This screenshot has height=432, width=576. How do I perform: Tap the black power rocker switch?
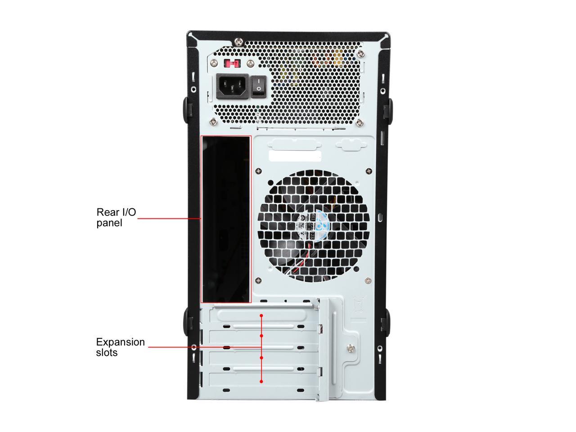coord(257,85)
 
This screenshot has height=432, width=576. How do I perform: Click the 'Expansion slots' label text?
coord(120,347)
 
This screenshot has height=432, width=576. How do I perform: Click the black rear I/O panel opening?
coord(225,219)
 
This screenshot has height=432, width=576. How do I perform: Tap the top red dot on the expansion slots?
coord(261,315)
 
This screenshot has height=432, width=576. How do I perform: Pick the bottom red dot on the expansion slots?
coord(261,381)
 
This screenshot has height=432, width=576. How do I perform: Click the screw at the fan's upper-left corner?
coord(258,171)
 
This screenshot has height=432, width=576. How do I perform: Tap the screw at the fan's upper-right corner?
coord(369,171)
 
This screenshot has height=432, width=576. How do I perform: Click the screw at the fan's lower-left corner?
coord(258,280)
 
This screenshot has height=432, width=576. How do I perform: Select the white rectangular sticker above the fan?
coord(295,156)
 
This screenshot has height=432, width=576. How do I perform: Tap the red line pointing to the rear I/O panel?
coord(169,218)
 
